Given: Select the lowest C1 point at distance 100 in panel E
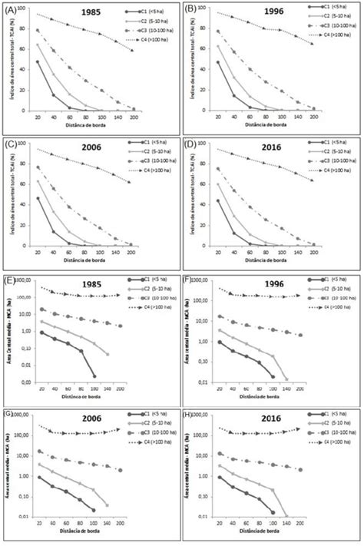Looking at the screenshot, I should (94, 376).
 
